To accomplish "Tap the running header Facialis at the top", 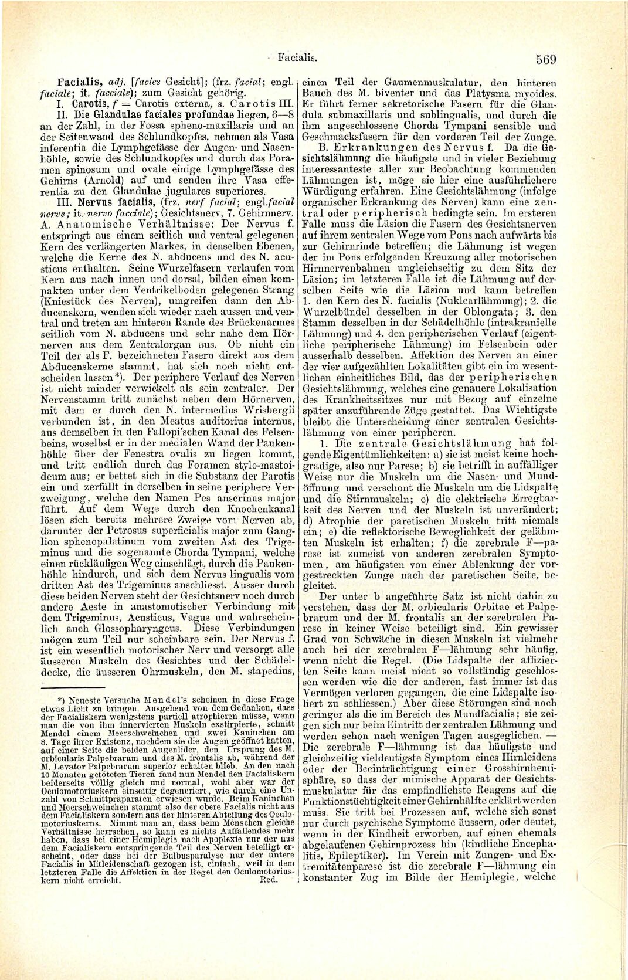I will coord(297,58).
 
